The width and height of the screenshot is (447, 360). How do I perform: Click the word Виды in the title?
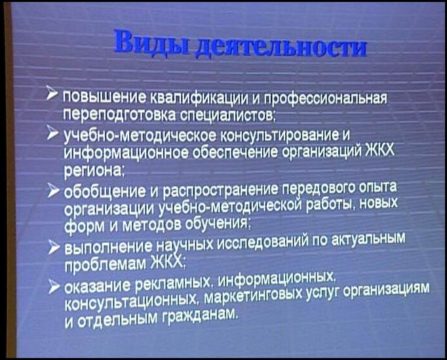[x=152, y=43]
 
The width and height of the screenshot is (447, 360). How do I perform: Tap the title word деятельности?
[x=281, y=47]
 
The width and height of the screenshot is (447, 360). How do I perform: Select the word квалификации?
[x=199, y=97]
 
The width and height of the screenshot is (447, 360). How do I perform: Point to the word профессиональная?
[x=326, y=98]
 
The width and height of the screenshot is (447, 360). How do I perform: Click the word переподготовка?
[x=120, y=115]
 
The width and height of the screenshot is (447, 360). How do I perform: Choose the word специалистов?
[x=227, y=115]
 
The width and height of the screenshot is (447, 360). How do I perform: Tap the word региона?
[x=93, y=170]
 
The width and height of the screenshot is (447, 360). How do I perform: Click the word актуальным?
[x=368, y=240]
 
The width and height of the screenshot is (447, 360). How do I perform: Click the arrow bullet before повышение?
[x=52, y=93]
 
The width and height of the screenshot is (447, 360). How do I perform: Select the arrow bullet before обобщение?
[x=53, y=190]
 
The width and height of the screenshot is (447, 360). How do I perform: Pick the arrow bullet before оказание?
[x=54, y=286]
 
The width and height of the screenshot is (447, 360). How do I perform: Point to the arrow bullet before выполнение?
[x=54, y=247]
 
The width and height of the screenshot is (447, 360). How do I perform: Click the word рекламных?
[x=174, y=282]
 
